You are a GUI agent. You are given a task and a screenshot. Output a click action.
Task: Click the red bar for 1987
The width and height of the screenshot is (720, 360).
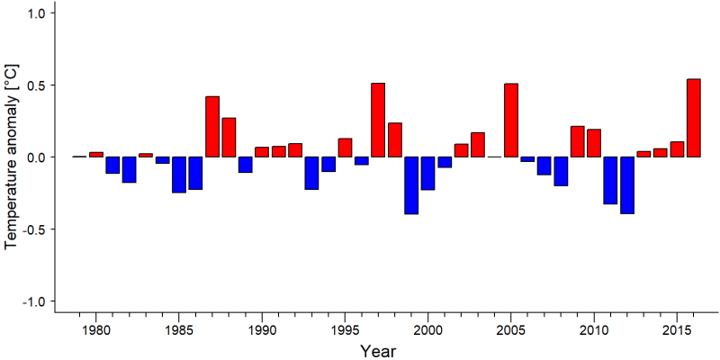coord(212,127)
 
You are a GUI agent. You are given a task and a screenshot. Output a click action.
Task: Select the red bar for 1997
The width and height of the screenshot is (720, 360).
coord(378,121)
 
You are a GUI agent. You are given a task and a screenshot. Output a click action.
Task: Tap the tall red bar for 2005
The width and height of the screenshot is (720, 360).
coord(511,121)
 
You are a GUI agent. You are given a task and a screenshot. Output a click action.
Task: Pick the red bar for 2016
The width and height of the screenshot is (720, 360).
coord(693,118)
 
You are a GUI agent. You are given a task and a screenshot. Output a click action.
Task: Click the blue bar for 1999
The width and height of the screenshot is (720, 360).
coord(411,185)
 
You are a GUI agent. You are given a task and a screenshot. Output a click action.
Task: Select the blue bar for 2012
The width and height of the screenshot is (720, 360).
coord(627,185)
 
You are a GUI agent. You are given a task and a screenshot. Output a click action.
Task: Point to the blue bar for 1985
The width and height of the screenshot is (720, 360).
coord(179,175)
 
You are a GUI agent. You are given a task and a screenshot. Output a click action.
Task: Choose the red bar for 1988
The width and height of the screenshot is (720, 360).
coord(229,138)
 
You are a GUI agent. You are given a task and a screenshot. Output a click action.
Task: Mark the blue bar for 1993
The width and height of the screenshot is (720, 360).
coord(311,173)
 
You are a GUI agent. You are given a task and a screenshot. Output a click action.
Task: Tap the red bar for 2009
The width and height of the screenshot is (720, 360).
coord(578,141)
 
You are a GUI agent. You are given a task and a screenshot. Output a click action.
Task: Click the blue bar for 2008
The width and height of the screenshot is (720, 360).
coord(561,171)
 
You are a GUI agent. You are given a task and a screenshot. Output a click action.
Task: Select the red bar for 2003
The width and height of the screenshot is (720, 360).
coord(478,145)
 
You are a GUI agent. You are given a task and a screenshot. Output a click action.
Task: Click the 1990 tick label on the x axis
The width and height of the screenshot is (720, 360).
coord(262,331)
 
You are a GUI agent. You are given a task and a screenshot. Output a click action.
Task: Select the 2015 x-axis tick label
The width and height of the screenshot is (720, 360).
coord(677,331)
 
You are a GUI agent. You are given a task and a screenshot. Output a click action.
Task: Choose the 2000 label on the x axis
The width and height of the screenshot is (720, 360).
coord(428,331)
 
